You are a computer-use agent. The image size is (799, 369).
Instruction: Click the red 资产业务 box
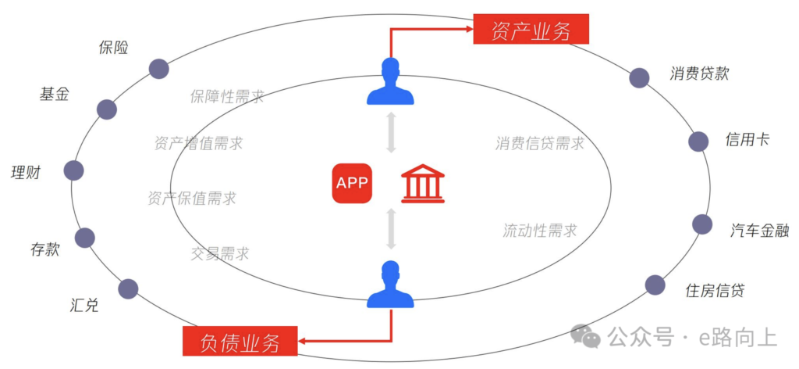point(531,30)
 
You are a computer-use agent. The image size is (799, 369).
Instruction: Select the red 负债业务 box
point(240,341)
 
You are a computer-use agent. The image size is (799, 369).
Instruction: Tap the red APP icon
point(352,183)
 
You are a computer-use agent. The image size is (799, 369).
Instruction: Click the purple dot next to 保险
point(159,69)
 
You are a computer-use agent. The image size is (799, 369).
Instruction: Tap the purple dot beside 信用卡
point(698,142)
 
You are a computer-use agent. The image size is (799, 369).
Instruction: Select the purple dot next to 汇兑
point(128,288)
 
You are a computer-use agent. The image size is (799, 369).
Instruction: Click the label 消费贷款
point(699,73)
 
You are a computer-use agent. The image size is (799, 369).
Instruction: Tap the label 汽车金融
point(759,231)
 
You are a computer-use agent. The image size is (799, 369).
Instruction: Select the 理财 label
point(25,172)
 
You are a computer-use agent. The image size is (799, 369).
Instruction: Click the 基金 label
point(55,94)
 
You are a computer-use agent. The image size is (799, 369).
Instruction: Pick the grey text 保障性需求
point(226,97)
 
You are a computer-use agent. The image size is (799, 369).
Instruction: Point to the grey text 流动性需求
point(540,231)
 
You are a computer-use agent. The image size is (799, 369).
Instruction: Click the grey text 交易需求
point(220,253)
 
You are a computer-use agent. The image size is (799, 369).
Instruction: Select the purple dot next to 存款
point(84,238)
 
